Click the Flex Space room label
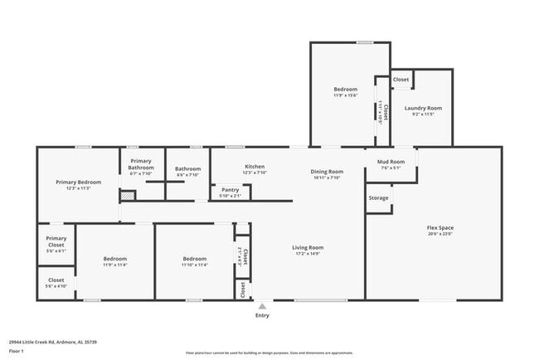tap(439, 227)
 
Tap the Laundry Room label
tap(423, 108)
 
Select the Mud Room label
tap(391, 161)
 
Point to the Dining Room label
tap(328, 171)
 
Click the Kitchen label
tap(255, 167)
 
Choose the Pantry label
tap(230, 189)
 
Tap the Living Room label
tap(307, 247)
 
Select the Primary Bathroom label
tap(141, 164)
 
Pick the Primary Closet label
tap(56, 241)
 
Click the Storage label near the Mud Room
tap(378, 198)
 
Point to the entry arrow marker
tap(262, 306)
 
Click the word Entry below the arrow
tap(262, 316)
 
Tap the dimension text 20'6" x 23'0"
tap(439, 234)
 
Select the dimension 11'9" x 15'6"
tap(345, 95)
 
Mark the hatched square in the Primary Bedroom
tap(128, 196)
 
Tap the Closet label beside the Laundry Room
tap(401, 80)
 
